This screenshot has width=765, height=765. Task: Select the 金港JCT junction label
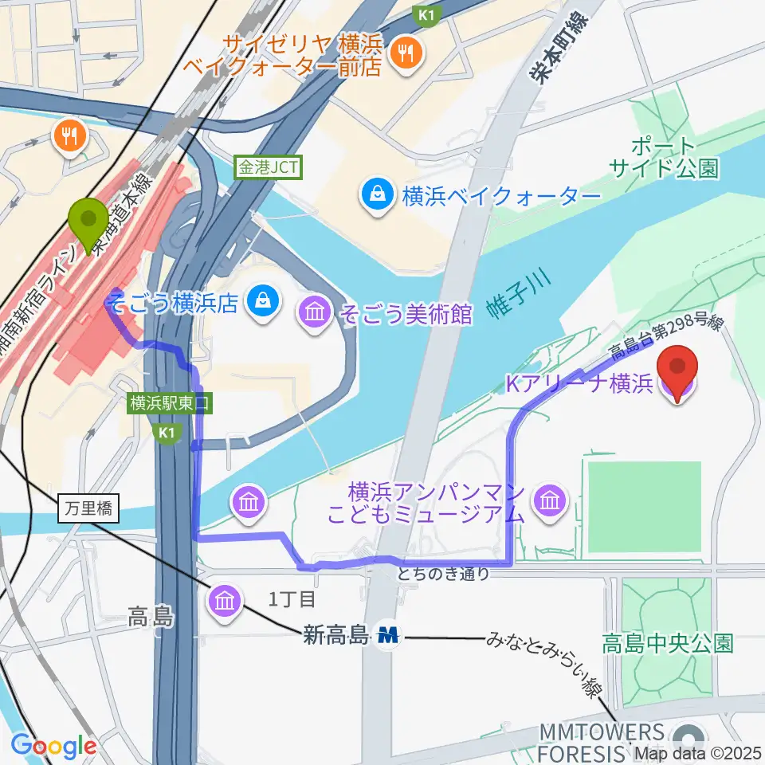tap(267, 167)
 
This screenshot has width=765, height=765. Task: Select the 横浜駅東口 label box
tap(170, 404)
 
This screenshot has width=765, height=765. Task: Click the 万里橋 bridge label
tap(89, 508)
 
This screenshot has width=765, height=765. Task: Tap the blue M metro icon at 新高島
tap(389, 635)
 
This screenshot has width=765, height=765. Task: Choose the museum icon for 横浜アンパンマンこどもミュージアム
tap(549, 500)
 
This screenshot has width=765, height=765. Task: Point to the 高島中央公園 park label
tap(667, 643)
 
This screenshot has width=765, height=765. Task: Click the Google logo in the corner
tap(53, 747)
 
